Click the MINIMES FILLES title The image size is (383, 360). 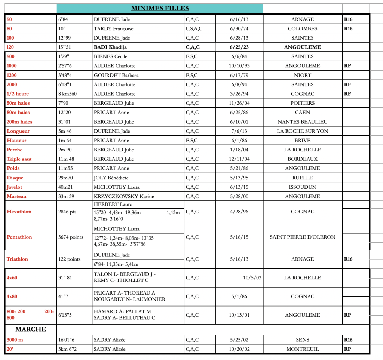click(x=160, y=8)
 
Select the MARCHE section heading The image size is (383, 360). click(x=31, y=329)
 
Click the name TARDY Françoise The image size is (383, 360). click(x=113, y=29)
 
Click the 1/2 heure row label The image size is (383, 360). click(x=18, y=94)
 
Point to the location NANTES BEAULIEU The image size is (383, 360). click(x=302, y=122)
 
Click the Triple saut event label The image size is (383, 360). click(x=19, y=159)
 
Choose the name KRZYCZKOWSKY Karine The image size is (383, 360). click(x=124, y=196)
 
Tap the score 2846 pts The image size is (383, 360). click(x=67, y=212)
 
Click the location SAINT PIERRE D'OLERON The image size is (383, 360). click(x=302, y=237)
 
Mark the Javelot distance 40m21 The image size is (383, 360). click(x=67, y=187)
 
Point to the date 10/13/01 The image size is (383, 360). click(x=239, y=315)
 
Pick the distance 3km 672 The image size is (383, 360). click(x=68, y=349)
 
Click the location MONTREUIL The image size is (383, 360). click(x=302, y=349)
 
